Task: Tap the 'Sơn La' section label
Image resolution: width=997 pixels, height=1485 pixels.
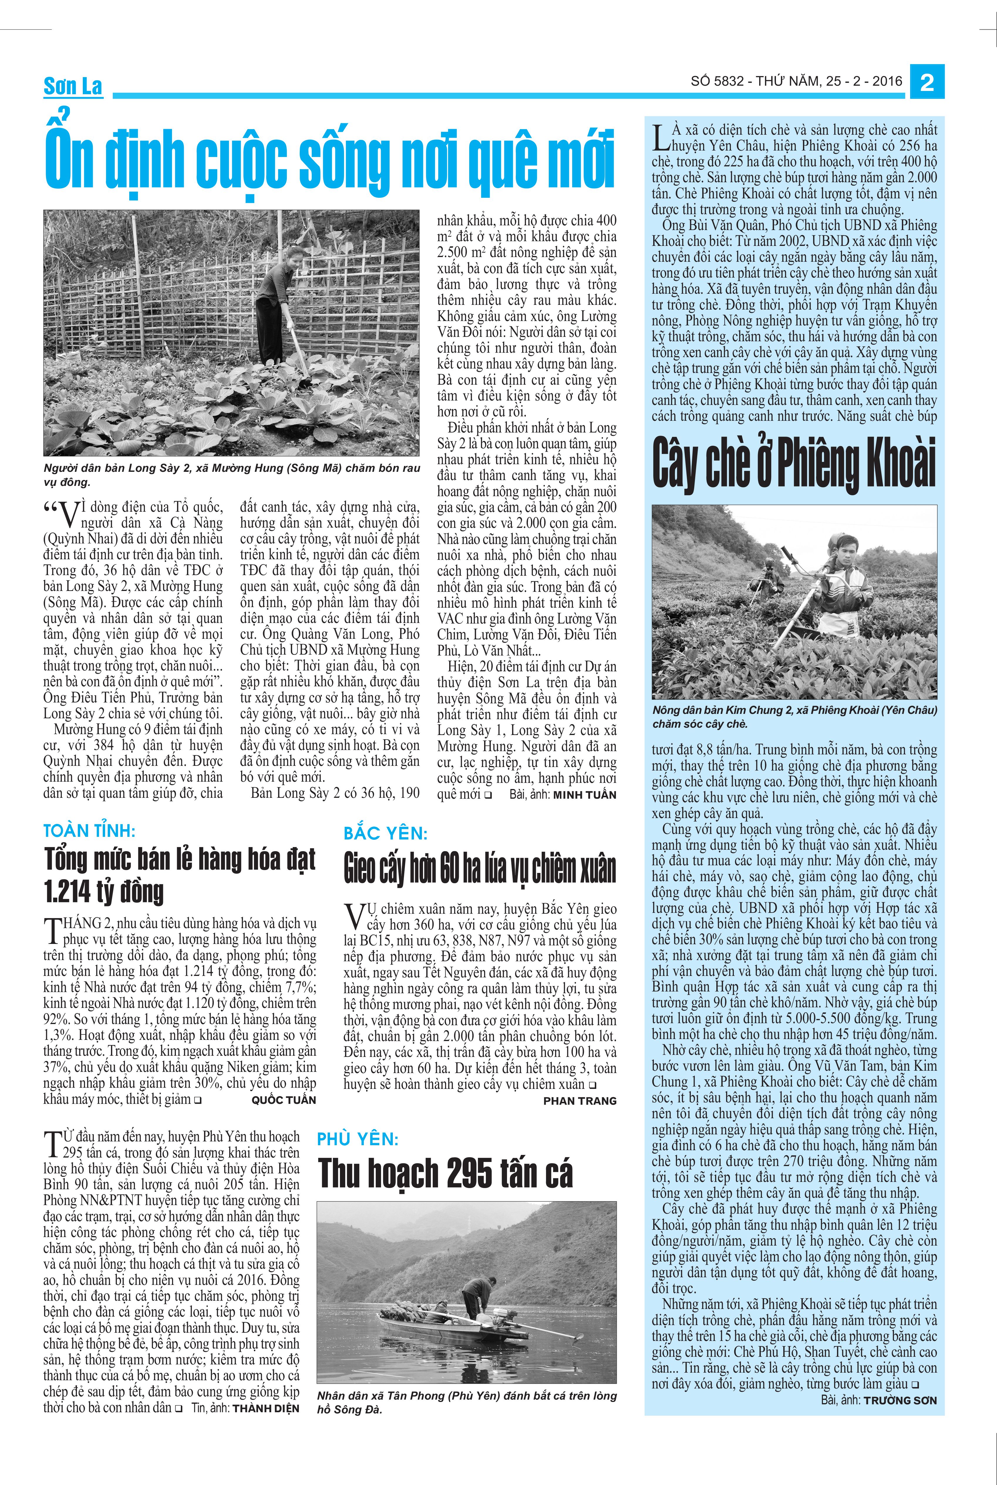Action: coord(73,86)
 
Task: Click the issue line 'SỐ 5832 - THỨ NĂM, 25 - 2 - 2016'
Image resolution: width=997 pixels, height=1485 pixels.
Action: coord(797,81)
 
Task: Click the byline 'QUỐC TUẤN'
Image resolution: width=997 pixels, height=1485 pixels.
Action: coord(284,1100)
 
